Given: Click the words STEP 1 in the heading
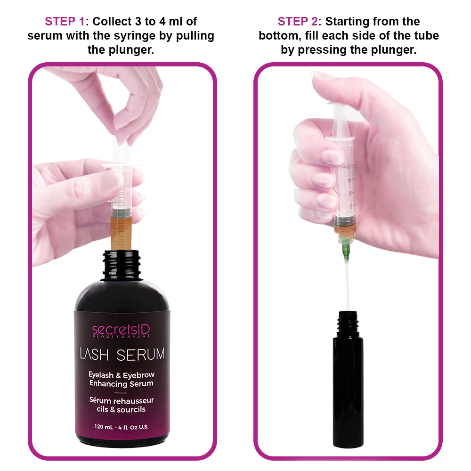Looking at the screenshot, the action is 65,22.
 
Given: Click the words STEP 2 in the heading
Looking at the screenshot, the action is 297,22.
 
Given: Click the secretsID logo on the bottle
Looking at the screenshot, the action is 121,331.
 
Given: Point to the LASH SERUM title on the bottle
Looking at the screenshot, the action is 122,354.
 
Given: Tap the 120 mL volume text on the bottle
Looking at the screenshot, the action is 122,427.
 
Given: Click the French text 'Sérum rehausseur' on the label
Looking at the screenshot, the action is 122,400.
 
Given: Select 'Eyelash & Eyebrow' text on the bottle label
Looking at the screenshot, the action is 122,375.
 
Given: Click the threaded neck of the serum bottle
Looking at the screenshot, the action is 122,264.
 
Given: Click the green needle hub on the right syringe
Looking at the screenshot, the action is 346,247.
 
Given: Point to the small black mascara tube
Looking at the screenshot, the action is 348,379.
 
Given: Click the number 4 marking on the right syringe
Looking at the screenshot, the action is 349,180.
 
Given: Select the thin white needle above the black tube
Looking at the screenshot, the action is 347,285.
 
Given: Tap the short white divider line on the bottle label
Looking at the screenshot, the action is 121,392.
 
